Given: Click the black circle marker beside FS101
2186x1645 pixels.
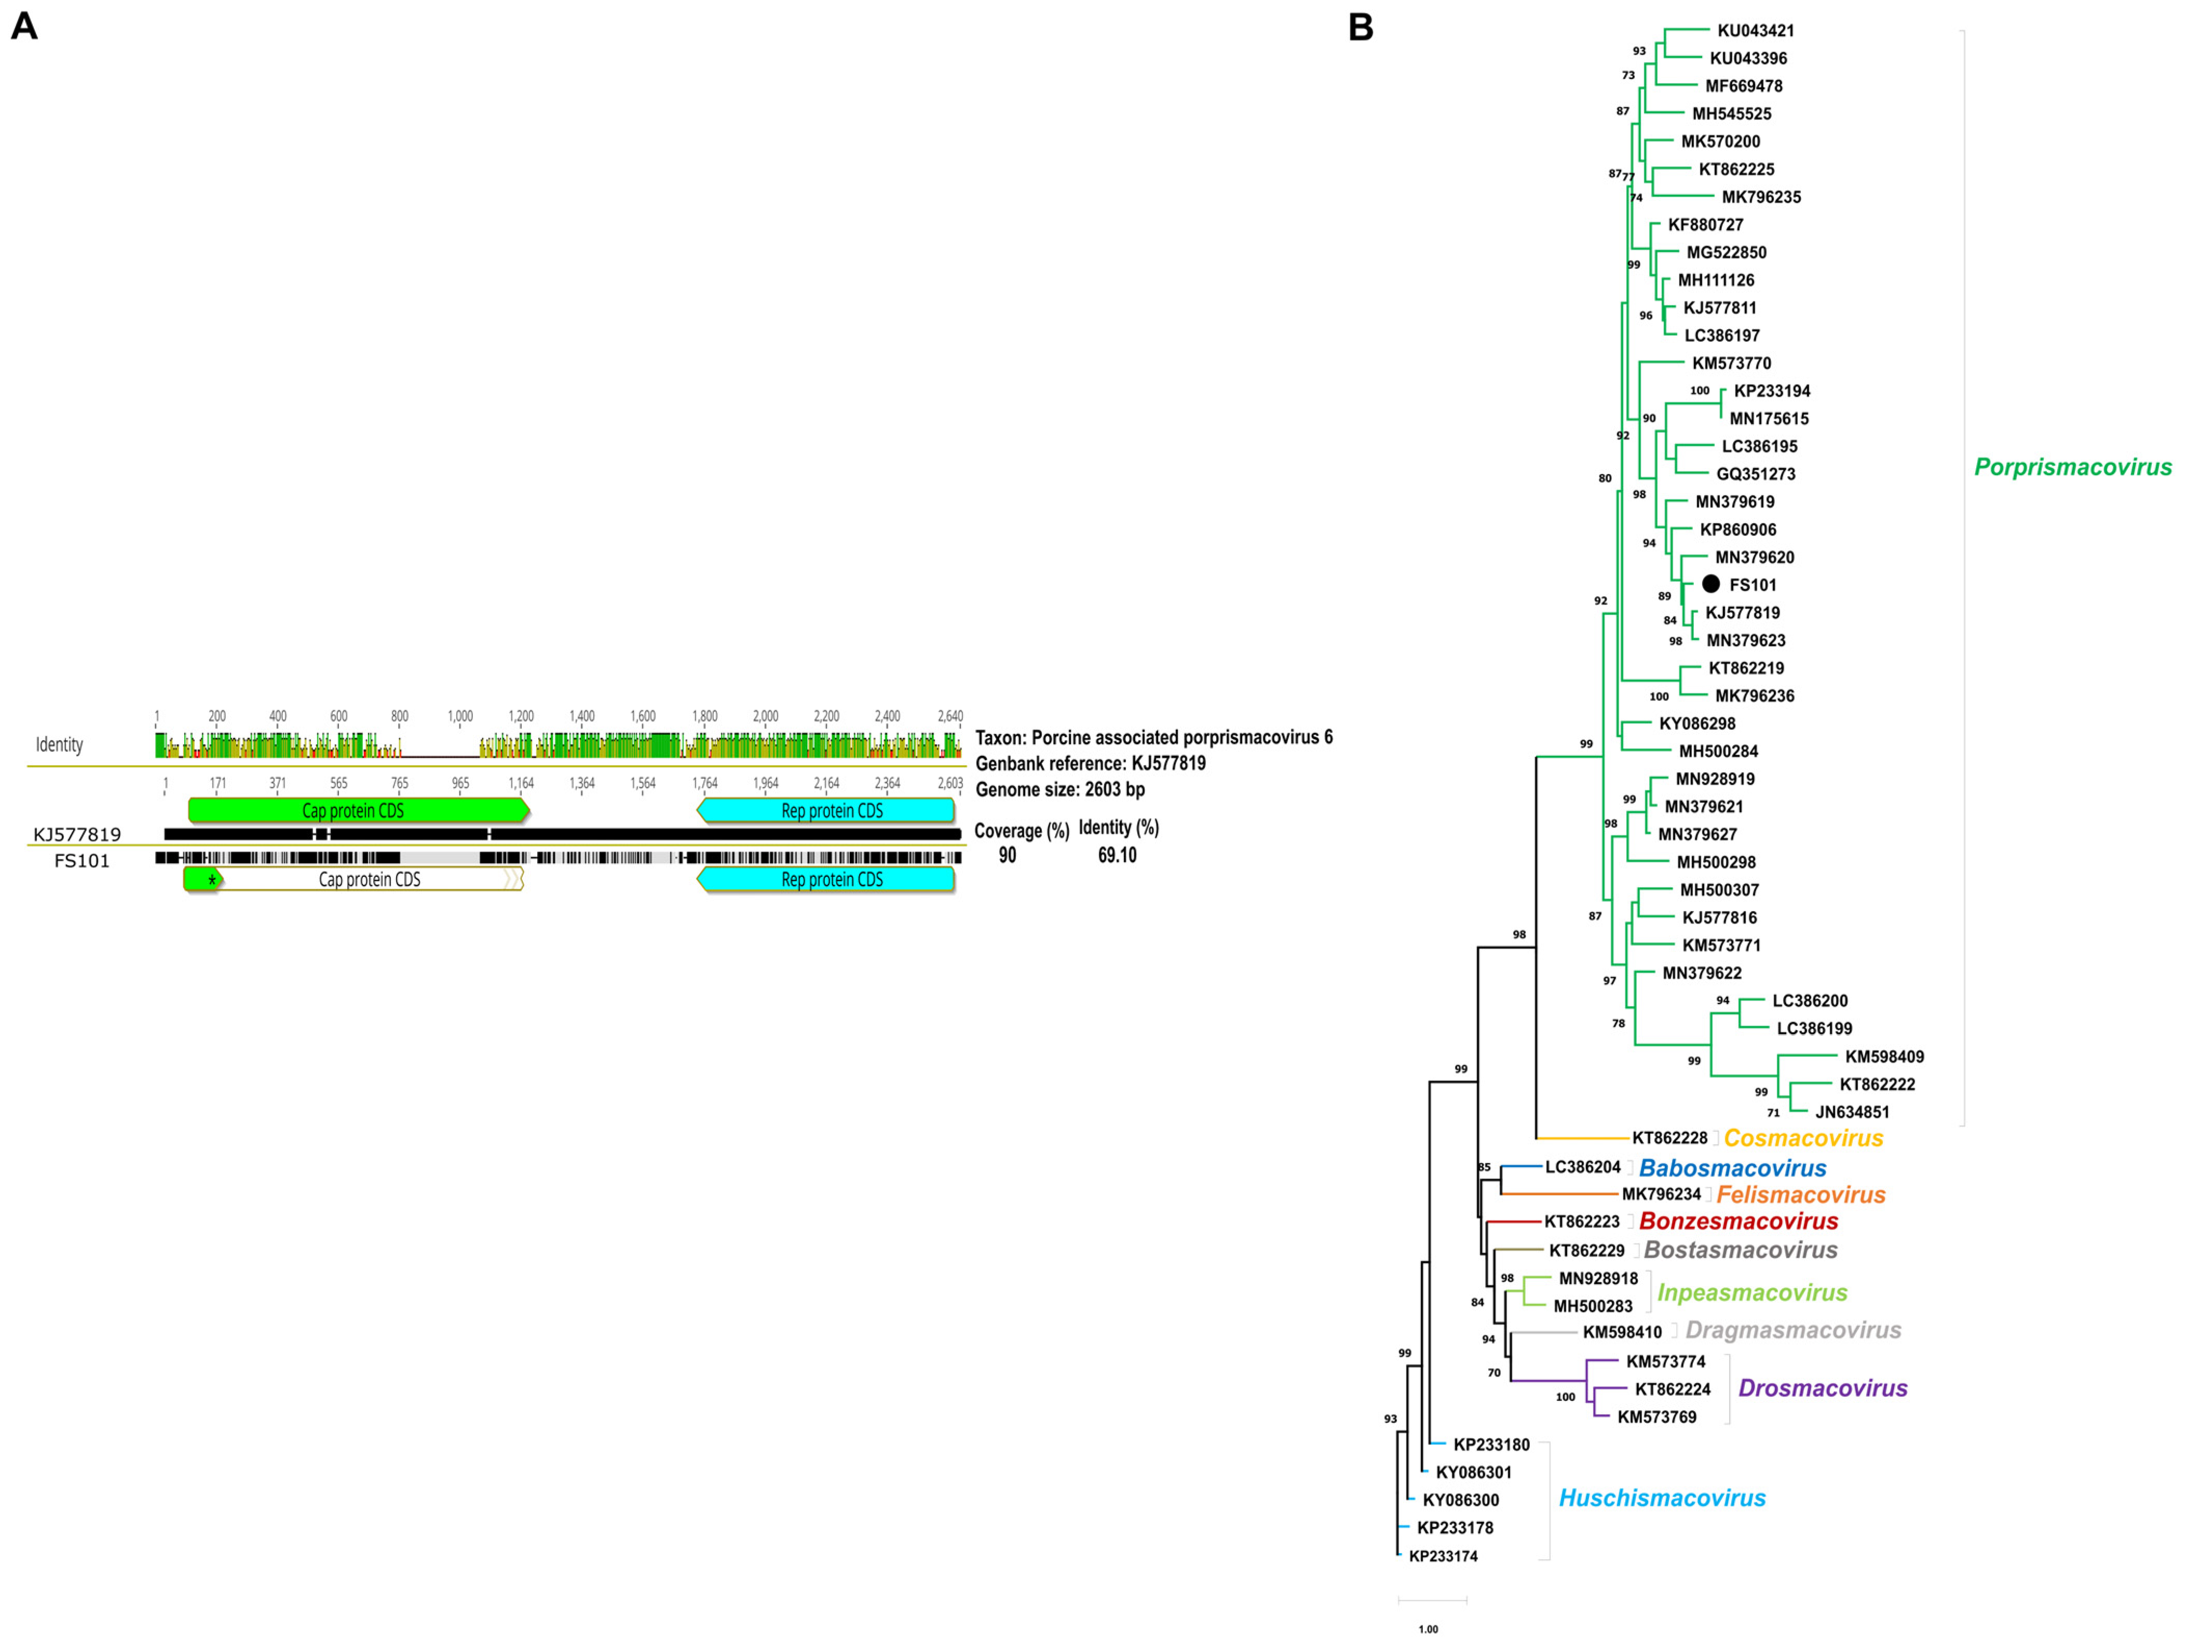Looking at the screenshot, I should pos(1710,584).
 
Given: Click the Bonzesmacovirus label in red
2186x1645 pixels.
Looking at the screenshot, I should pos(1739,1221).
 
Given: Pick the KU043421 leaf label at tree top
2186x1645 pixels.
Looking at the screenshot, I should pos(1755,31).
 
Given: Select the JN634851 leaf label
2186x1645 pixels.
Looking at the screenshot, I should pos(1852,1112).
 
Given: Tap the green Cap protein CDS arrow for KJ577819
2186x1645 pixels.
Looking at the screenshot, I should pos(356,811).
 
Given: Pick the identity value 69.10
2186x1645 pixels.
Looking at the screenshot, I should pos(1117,855).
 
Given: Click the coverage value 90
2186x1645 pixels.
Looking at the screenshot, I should pos(1007,855).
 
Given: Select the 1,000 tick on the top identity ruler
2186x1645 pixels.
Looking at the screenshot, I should pos(460,716).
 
